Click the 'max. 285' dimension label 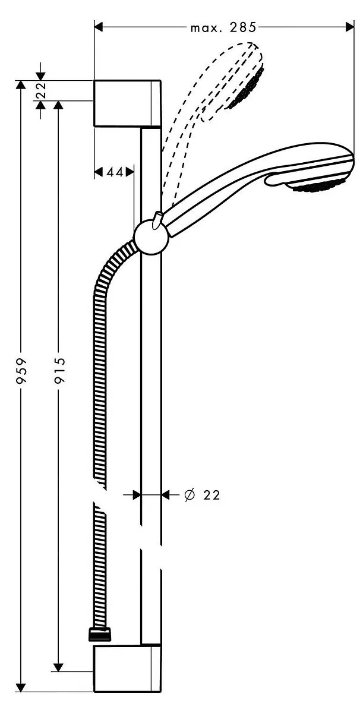223,28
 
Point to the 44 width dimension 115,172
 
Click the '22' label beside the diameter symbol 211,495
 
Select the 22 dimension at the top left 42,90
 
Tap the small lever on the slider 157,220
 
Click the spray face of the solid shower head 318,187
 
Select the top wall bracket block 127,103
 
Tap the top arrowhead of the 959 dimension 21,86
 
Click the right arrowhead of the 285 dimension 349,27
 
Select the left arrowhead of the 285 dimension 99,27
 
